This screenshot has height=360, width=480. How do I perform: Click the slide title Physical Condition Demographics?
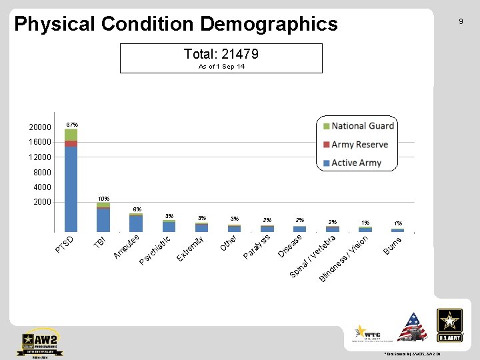pos(176,25)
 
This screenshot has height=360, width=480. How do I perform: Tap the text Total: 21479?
pos(221,53)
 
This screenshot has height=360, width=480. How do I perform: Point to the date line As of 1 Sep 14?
pos(221,67)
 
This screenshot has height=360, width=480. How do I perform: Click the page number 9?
pos(460,22)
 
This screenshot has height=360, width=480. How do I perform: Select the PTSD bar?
pos(71,187)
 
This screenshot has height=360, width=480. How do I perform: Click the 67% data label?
pos(72,125)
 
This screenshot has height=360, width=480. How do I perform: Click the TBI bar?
pos(103,219)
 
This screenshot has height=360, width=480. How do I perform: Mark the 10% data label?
pos(103,199)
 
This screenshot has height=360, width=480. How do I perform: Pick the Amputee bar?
pos(136,223)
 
